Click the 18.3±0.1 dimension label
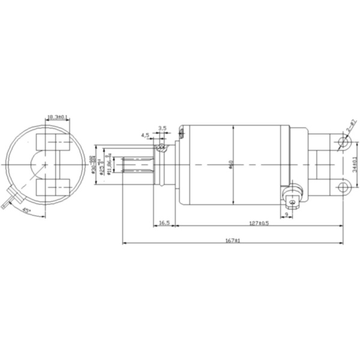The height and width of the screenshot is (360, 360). pyautogui.click(x=58, y=118)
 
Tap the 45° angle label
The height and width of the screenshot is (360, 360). pyautogui.click(x=27, y=211)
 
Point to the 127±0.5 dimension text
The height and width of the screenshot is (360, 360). pyautogui.click(x=258, y=223)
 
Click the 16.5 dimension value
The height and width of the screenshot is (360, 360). pyautogui.click(x=163, y=223)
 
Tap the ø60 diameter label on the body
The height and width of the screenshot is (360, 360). pyautogui.click(x=232, y=164)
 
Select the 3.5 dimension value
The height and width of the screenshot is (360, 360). pyautogui.click(x=163, y=128)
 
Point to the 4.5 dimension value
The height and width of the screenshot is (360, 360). pyautogui.click(x=145, y=136)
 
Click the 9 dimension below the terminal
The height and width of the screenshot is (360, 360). pyautogui.click(x=286, y=214)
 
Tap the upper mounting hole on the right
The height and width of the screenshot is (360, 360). pyautogui.click(x=343, y=142)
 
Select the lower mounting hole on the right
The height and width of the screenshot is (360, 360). pyautogui.click(x=343, y=187)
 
